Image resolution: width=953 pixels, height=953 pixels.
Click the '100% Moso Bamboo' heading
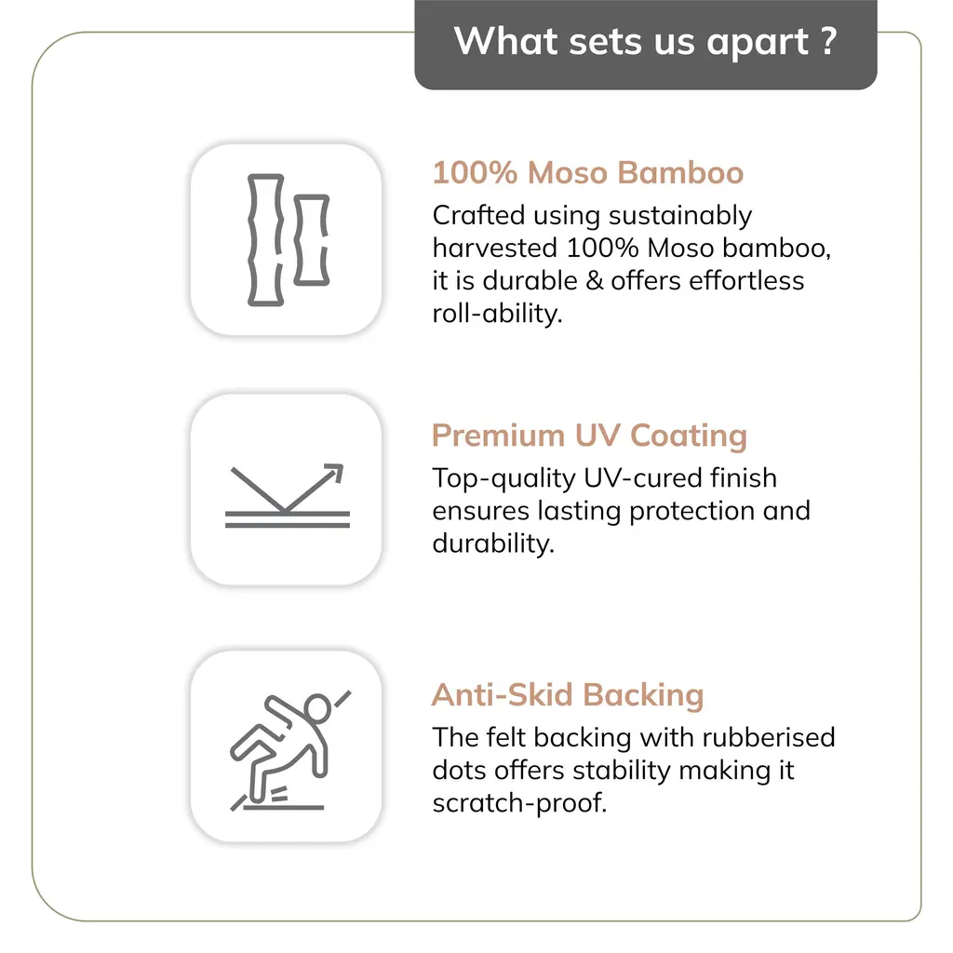tap(587, 173)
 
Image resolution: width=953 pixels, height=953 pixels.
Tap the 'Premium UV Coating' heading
tap(589, 436)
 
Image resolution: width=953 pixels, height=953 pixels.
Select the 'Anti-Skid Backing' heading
tap(568, 695)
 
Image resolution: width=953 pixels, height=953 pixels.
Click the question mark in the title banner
tap(829, 41)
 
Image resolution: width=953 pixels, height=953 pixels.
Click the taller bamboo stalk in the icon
tap(264, 239)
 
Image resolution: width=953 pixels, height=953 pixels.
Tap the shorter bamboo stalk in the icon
tap(311, 239)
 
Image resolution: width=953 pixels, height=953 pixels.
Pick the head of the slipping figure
tap(318, 708)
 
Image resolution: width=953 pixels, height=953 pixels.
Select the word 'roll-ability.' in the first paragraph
tap(497, 314)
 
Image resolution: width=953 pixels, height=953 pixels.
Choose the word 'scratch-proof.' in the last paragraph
tap(519, 803)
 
